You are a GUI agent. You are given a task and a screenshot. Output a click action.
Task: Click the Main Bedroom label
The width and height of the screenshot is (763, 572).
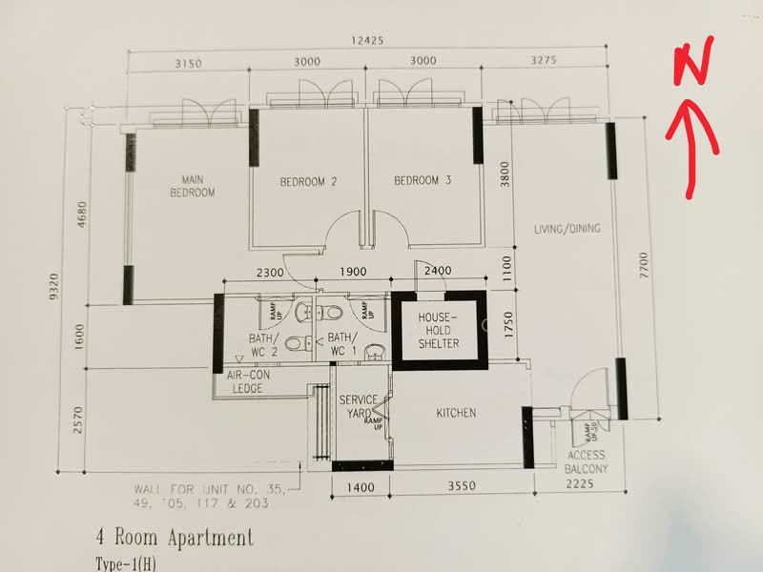coord(193,185)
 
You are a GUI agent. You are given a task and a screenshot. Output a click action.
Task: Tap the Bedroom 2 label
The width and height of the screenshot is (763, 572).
coord(308,181)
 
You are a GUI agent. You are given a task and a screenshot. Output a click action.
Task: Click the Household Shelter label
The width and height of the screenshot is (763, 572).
coord(439,329)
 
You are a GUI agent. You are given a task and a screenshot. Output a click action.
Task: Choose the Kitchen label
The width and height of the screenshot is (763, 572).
coord(456,413)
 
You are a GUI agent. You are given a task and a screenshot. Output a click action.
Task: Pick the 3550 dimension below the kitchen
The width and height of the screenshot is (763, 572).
coord(461,487)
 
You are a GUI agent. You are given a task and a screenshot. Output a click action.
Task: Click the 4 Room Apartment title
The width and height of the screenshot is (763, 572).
coord(175,538)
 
